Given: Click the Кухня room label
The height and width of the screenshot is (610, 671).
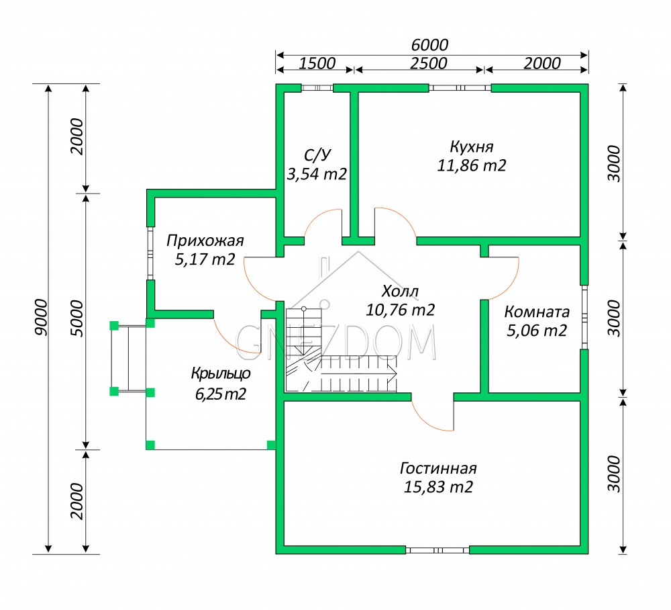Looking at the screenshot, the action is (x=472, y=147).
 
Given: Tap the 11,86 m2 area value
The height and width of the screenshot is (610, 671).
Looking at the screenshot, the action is (x=472, y=165).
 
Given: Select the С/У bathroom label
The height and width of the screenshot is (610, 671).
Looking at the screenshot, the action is (x=317, y=155).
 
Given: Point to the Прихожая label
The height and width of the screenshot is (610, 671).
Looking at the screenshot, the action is (x=205, y=241).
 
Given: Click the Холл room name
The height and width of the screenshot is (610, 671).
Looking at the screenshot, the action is (x=400, y=292).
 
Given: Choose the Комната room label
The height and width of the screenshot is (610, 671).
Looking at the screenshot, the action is (x=537, y=312).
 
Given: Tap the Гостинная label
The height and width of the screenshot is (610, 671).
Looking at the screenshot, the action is (x=438, y=468).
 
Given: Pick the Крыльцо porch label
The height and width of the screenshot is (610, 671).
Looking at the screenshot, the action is (x=221, y=374).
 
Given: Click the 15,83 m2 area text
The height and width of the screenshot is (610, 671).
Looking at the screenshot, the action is (x=438, y=487).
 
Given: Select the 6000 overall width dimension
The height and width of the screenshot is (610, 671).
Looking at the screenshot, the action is (x=429, y=44).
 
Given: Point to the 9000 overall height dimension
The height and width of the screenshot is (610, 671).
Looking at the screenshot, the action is (x=42, y=317).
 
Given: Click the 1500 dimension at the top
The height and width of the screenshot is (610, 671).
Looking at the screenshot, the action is (x=317, y=63).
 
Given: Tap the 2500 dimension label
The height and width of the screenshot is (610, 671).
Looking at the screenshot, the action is (x=428, y=63).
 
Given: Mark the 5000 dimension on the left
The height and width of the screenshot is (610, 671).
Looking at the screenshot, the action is (x=77, y=318).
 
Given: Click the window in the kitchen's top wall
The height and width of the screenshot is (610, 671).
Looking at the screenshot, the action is (x=460, y=88).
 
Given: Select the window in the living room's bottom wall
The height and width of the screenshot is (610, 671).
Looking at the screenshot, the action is (x=437, y=550).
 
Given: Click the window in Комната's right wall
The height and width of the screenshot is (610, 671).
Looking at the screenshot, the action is (x=584, y=317).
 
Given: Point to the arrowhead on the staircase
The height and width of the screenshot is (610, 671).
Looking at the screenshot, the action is (x=392, y=374).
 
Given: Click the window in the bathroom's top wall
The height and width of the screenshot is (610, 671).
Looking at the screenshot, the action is (x=317, y=88).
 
